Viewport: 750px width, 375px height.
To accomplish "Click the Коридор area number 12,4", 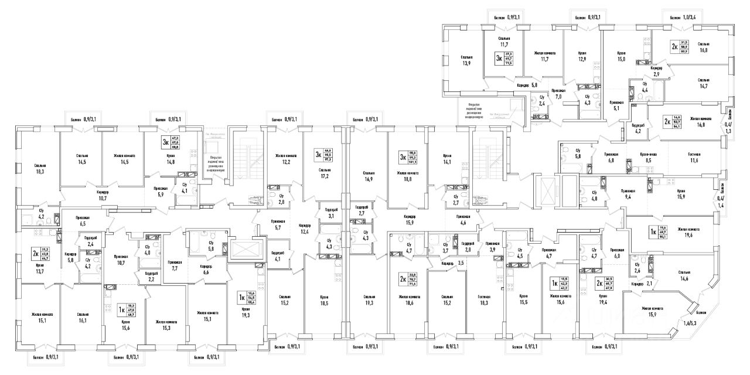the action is (304, 232).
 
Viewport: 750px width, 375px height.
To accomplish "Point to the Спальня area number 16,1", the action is (82, 321).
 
